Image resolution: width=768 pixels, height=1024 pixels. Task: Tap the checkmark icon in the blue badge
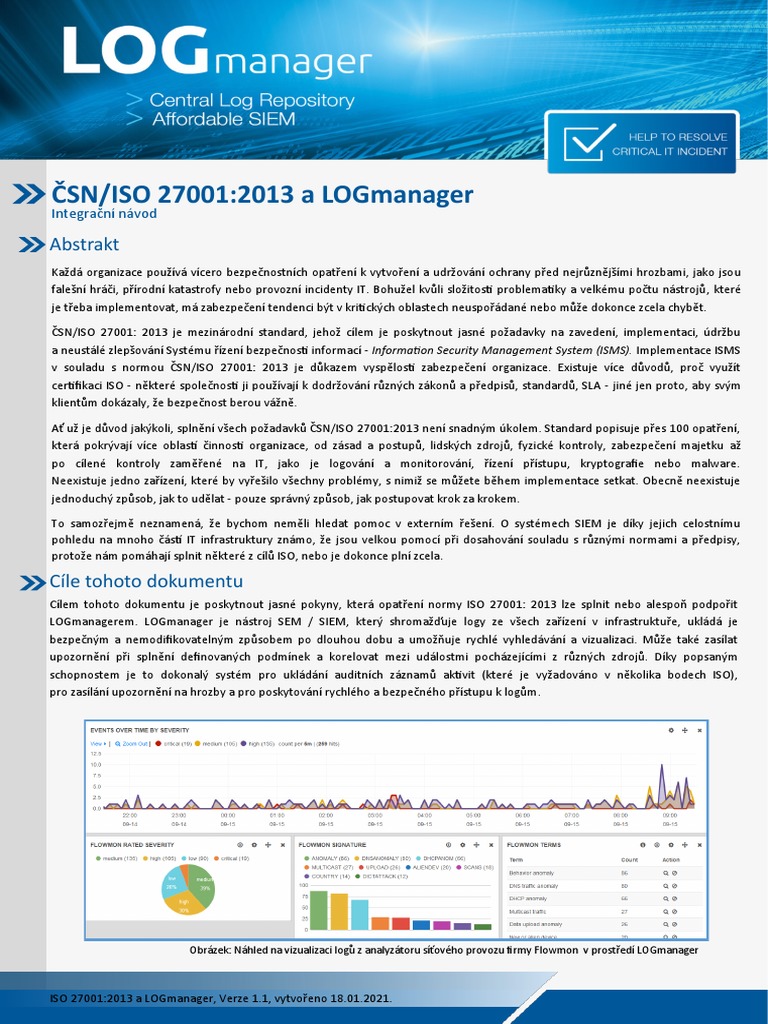589,141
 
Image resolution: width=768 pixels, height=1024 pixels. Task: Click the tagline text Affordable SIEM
222,119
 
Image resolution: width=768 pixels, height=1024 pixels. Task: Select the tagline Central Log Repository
251,100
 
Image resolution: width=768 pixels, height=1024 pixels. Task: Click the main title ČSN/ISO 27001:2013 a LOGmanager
262,193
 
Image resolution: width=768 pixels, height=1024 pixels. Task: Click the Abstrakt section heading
84,244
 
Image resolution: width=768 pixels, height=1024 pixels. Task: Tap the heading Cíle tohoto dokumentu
146,581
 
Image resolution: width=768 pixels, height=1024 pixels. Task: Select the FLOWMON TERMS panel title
535,845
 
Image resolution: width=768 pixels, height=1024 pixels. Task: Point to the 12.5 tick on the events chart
96,753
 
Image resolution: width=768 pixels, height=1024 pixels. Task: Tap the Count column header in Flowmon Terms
629,859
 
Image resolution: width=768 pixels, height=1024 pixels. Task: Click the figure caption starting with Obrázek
443,950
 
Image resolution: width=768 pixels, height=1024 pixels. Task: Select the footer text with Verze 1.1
220,999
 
